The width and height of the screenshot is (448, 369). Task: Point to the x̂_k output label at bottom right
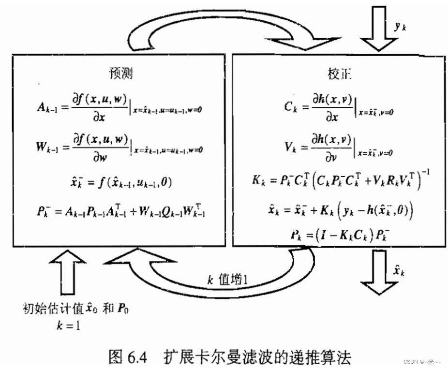[399, 272]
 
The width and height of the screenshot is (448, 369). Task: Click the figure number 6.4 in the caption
[138, 357]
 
